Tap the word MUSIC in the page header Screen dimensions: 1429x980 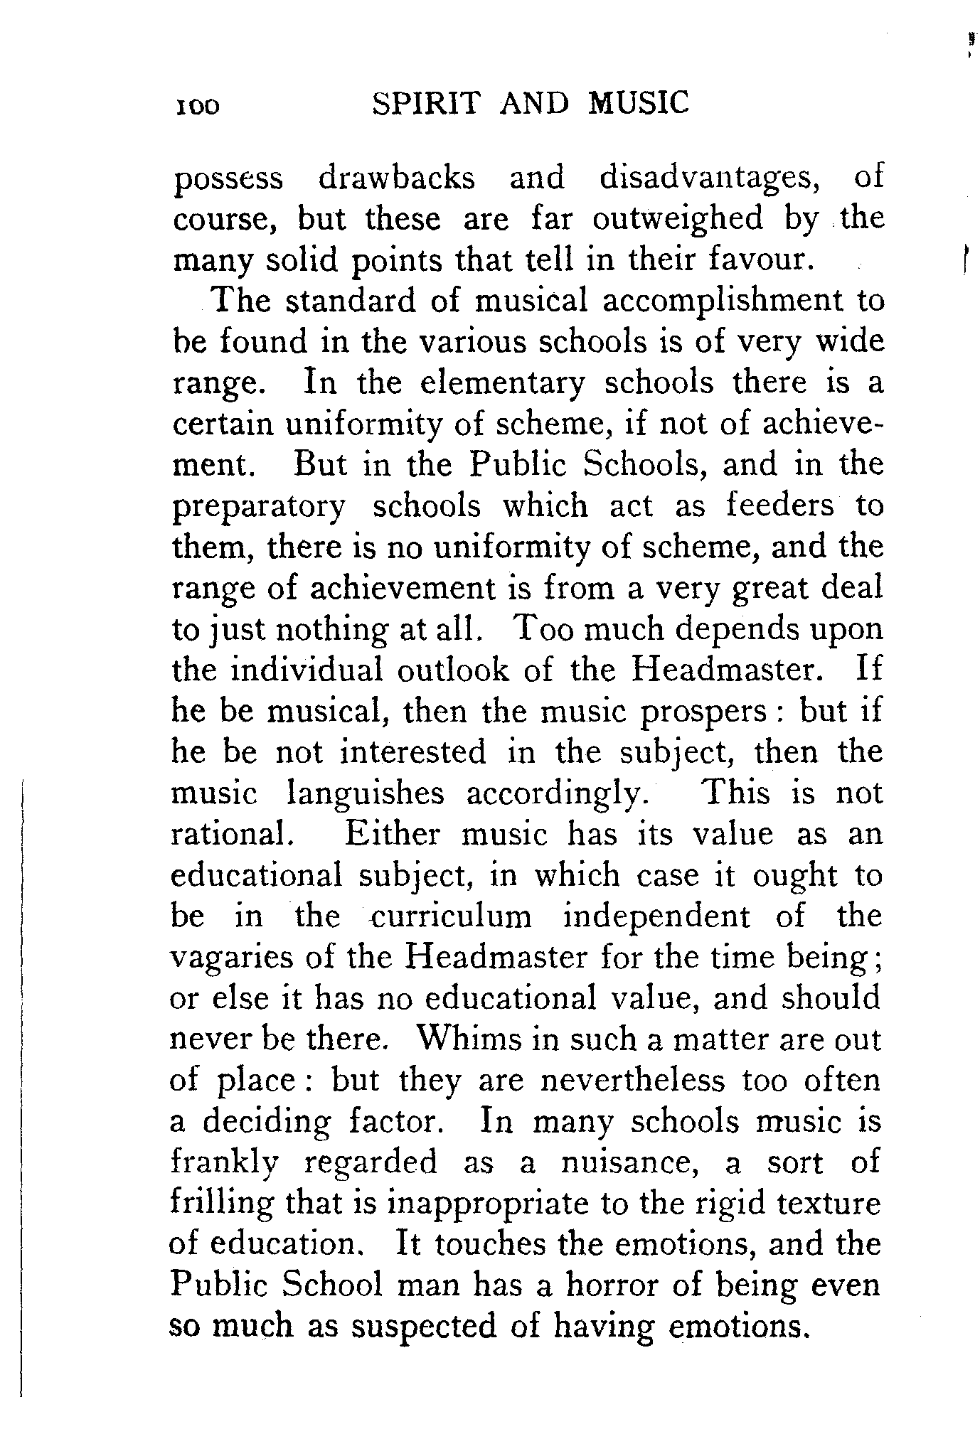click(639, 103)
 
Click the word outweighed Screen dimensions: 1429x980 click(676, 219)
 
